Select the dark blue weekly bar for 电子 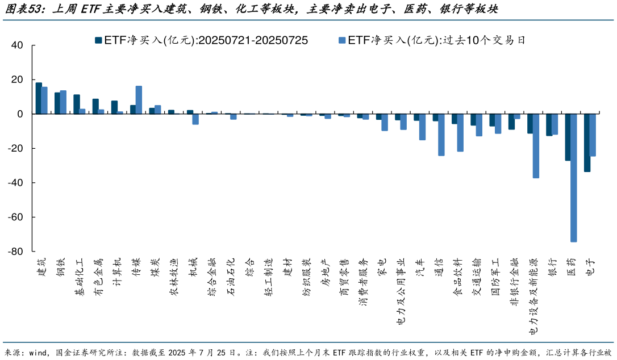587,143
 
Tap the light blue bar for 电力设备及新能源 536,146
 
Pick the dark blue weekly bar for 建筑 39,98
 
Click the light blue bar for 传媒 139,100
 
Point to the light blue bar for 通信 441,135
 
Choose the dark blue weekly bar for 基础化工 77,104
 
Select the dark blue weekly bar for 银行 549,125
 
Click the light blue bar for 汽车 422,127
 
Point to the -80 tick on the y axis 15,252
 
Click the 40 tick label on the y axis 17,45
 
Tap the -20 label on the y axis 15,149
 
